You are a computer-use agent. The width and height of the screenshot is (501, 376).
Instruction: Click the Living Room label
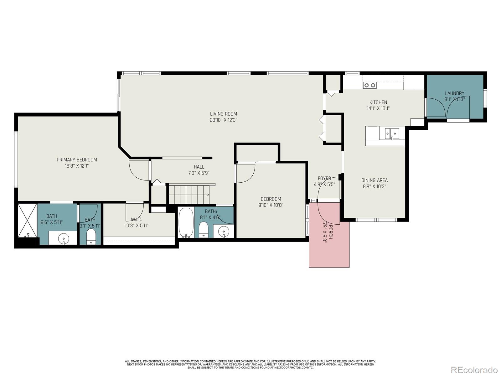click(x=224, y=114)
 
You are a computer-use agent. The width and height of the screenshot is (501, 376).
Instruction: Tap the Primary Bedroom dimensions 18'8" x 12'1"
click(x=77, y=166)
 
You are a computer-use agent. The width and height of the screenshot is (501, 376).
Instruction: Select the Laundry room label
click(x=454, y=93)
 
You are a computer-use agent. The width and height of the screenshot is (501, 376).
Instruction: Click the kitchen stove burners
click(x=370, y=85)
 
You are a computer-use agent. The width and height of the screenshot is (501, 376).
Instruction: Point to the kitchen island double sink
click(x=392, y=133)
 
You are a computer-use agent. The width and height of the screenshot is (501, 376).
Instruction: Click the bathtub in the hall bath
click(x=186, y=222)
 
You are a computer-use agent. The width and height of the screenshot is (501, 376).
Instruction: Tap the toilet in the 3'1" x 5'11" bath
click(x=91, y=237)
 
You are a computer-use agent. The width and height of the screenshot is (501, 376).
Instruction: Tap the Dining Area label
click(x=374, y=180)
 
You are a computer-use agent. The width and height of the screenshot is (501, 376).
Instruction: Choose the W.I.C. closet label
click(x=137, y=220)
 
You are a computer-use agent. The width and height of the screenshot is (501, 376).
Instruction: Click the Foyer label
click(x=324, y=178)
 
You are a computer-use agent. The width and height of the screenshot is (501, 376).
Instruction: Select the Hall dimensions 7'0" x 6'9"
click(x=199, y=173)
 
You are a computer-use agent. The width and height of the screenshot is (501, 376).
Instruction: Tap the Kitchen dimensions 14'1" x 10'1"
click(x=378, y=108)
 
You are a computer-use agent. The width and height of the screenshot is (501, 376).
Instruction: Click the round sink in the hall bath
click(x=224, y=232)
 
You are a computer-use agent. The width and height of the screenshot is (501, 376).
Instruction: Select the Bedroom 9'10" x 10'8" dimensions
click(x=271, y=205)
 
